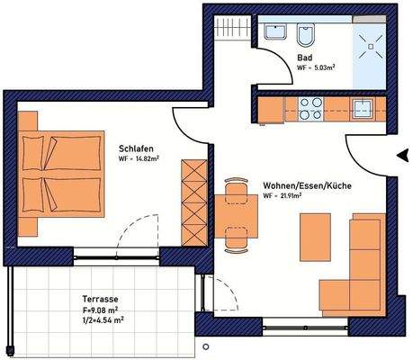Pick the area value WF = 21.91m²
click(283, 195)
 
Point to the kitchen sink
click(364, 108)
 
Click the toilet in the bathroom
click(307, 37)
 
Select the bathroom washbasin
click(274, 34)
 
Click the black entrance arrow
click(401, 156)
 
